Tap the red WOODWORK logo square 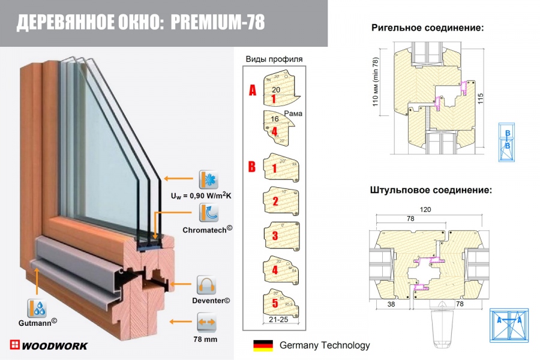click(x=15, y=345)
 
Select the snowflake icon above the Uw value click(x=208, y=179)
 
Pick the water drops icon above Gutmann click(x=37, y=308)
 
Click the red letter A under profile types click(x=253, y=90)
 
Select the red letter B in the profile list click(x=253, y=166)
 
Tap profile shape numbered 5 click(x=278, y=304)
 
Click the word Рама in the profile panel click(x=293, y=113)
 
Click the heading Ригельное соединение click(x=427, y=28)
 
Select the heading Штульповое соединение click(x=431, y=190)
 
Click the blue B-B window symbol click(x=507, y=142)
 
